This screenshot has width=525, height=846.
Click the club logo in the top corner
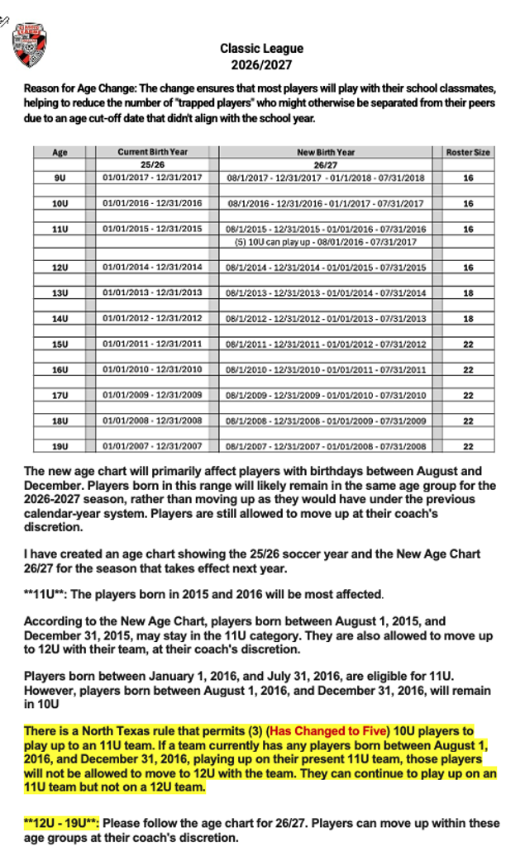pyautogui.click(x=30, y=45)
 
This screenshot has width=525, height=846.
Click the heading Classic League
pyautogui.click(x=261, y=49)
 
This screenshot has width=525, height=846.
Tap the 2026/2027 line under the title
pyautogui.click(x=261, y=65)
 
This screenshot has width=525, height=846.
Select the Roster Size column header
pyautogui.click(x=468, y=152)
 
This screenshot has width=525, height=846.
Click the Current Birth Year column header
pyautogui.click(x=152, y=152)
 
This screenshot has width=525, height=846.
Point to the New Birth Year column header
pyautogui.click(x=326, y=152)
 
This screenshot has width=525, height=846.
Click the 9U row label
pyautogui.click(x=60, y=178)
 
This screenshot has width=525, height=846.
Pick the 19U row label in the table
pyautogui.click(x=60, y=446)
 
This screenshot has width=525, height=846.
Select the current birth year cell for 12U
pyautogui.click(x=152, y=268)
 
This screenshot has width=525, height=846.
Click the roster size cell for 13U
pyautogui.click(x=468, y=292)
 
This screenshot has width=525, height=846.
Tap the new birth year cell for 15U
pyautogui.click(x=326, y=344)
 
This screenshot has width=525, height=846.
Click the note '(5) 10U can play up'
pyautogui.click(x=326, y=242)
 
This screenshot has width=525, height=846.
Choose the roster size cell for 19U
pyautogui.click(x=468, y=446)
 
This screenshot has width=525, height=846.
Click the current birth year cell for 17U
pyautogui.click(x=152, y=395)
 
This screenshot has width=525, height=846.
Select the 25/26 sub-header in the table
pyautogui.click(x=152, y=164)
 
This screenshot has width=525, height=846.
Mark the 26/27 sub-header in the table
pyautogui.click(x=326, y=164)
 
